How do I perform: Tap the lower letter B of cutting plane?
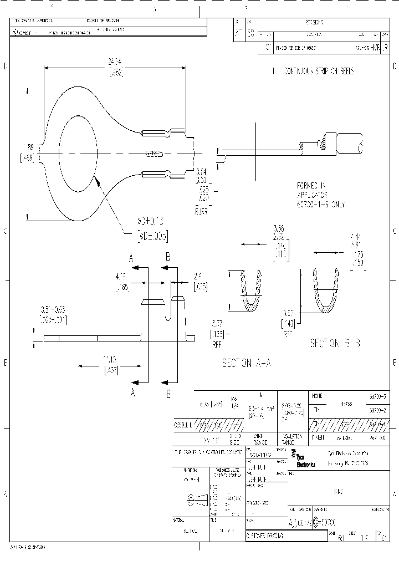[168, 394]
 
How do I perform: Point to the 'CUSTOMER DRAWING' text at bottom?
[264, 537]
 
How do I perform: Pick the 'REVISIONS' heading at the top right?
[314, 22]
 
